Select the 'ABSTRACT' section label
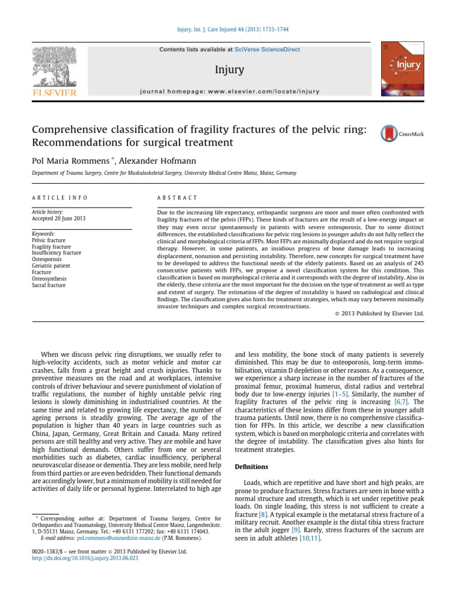pyautogui.click(x=178, y=198)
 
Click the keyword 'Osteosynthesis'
pyautogui.click(x=49, y=278)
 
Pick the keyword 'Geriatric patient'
pyautogui.click(x=51, y=266)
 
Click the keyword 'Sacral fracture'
pyautogui.click(x=49, y=285)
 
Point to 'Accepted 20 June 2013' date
pyautogui.click(x=58, y=218)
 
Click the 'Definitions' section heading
pyautogui.click(x=251, y=467)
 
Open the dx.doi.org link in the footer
pyautogui.click(x=85, y=559)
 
